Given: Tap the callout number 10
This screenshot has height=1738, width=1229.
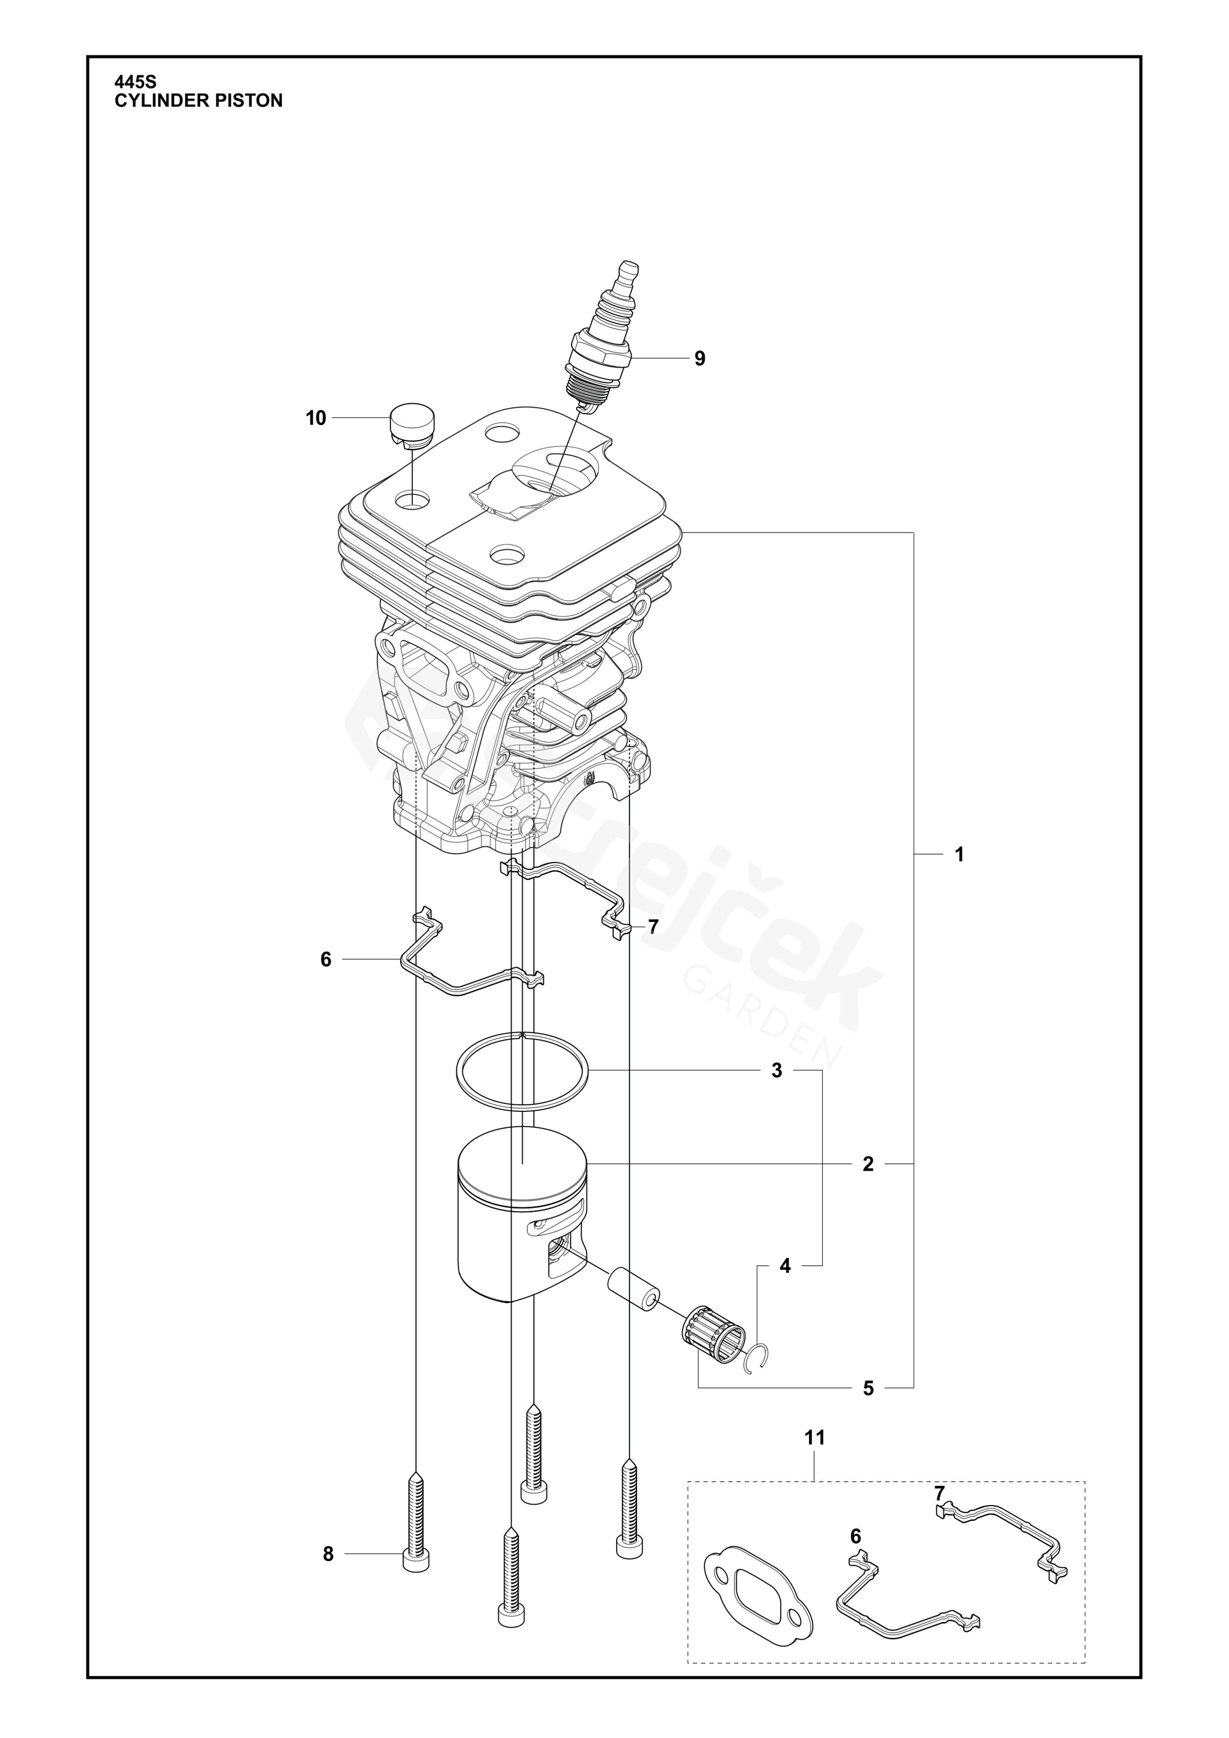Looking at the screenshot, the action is (x=316, y=418).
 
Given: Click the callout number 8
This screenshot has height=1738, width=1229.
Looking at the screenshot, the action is (x=328, y=1554).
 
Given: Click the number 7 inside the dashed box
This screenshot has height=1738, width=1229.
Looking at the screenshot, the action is (x=939, y=1494).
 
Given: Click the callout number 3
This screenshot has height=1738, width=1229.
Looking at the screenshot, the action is (x=777, y=1071).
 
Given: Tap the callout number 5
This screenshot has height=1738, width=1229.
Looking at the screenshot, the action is (x=868, y=1388).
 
